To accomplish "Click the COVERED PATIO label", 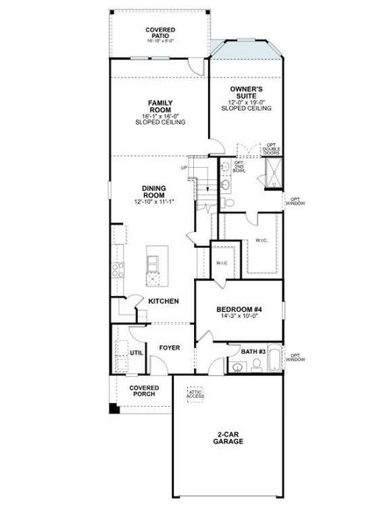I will pos(160,32).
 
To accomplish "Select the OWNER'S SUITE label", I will pos(246,92).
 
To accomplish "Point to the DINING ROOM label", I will pos(154,192).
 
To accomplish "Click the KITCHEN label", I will pos(163,301).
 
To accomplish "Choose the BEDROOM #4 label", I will pos(239,310).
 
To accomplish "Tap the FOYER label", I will pos(169,348).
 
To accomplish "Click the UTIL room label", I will pos(136,352).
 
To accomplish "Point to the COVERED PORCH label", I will pos(143,391).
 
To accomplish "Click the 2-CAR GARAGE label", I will pos(227,438).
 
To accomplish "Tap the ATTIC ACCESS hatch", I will pos(195,394).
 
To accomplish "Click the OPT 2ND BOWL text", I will pos(239,166).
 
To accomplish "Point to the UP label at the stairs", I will pos(183,168).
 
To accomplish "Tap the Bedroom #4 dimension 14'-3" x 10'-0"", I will pos(239,321).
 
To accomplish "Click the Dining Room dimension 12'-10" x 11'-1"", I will pos(154,203).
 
